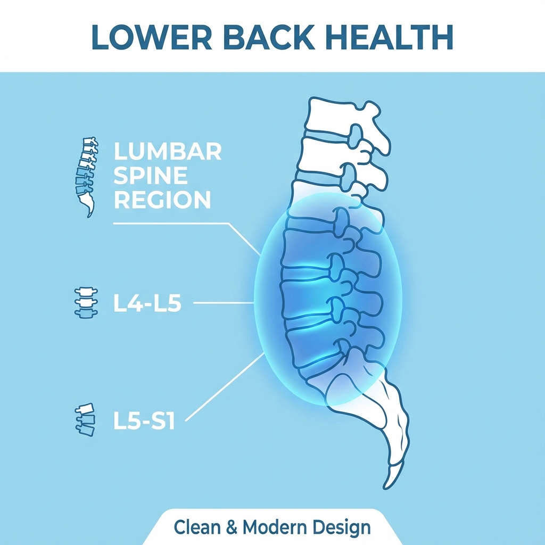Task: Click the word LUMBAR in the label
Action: coord(168,152)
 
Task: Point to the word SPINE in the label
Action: coord(151,176)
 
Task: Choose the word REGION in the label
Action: coord(162,201)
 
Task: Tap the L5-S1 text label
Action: coord(144,419)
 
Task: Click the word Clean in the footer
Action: coord(196,527)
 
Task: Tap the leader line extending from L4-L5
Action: coord(224,303)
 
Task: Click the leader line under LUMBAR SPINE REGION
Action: coord(170,224)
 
